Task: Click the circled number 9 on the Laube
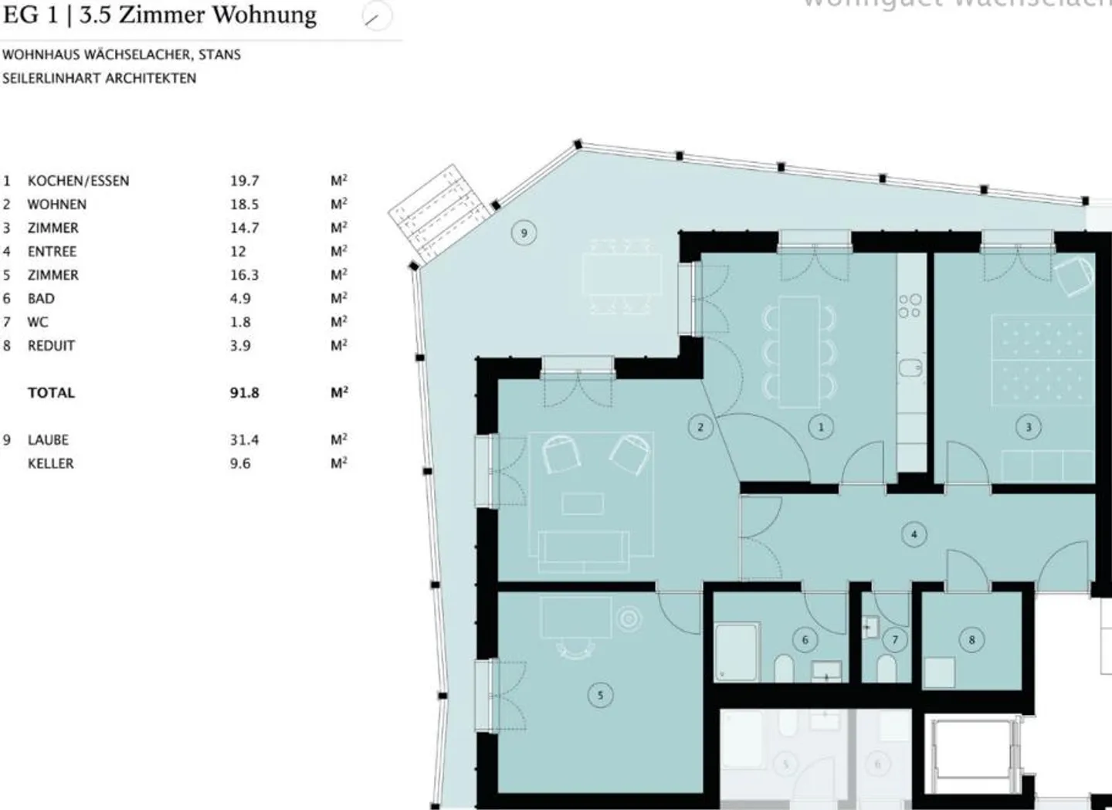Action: point(524,233)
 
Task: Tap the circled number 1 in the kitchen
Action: point(820,426)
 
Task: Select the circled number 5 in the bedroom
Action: point(600,695)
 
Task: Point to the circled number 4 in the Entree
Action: point(914,534)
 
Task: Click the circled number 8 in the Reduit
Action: point(971,639)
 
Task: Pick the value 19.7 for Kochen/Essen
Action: point(244,181)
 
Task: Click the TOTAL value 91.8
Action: point(244,393)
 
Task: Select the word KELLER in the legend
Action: point(51,463)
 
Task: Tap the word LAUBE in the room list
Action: point(48,440)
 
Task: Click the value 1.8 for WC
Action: point(240,322)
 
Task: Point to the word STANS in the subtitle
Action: point(219,55)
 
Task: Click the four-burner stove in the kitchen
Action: point(910,306)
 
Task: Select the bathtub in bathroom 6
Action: point(736,652)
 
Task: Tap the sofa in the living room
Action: point(583,547)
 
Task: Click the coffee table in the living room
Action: point(583,503)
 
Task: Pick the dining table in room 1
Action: point(798,351)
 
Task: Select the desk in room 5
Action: point(576,617)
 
